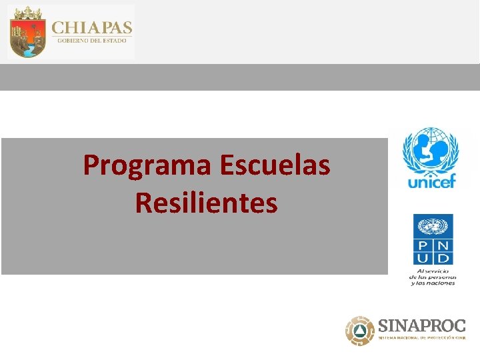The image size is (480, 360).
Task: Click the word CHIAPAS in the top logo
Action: [92, 27]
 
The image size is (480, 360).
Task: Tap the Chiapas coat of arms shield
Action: [27, 32]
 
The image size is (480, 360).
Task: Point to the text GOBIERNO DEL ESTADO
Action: [92, 41]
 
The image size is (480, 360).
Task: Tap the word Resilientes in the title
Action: [206, 202]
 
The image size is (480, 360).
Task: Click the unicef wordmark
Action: [430, 179]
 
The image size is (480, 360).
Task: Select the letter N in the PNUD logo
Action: [442, 245]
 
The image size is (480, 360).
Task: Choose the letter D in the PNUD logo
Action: [442, 257]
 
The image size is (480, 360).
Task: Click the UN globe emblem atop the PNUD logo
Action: [433, 226]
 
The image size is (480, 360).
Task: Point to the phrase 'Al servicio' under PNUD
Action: [433, 271]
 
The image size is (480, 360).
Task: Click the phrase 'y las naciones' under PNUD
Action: [433, 283]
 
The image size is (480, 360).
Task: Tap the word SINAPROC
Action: [421, 326]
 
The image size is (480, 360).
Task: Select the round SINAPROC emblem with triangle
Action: [360, 330]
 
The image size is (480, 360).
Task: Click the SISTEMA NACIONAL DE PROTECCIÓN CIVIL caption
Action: [421, 338]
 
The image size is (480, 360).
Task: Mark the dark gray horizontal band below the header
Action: [240, 77]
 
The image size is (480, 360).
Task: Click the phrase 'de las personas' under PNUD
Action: [433, 277]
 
